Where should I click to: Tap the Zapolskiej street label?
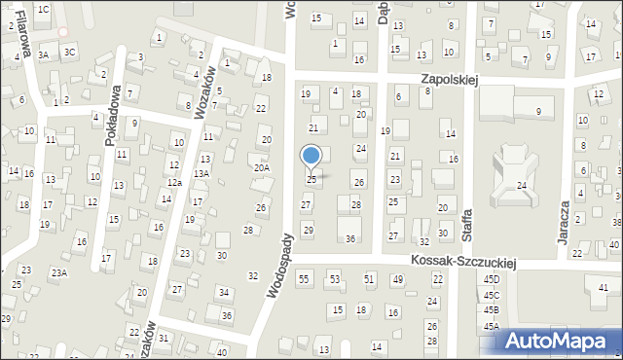(x=449, y=81)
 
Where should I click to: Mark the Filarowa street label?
(x=21, y=38)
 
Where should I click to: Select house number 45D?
(x=491, y=280)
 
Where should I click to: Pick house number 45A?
(x=491, y=327)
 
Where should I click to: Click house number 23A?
(x=59, y=273)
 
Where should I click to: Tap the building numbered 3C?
(x=70, y=51)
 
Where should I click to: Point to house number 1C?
(x=43, y=9)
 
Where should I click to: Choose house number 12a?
(x=173, y=183)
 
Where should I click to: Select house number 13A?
(x=201, y=173)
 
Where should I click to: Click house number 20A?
(x=262, y=167)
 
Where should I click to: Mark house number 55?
(x=304, y=279)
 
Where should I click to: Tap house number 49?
(x=397, y=279)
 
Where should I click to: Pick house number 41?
(x=604, y=287)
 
